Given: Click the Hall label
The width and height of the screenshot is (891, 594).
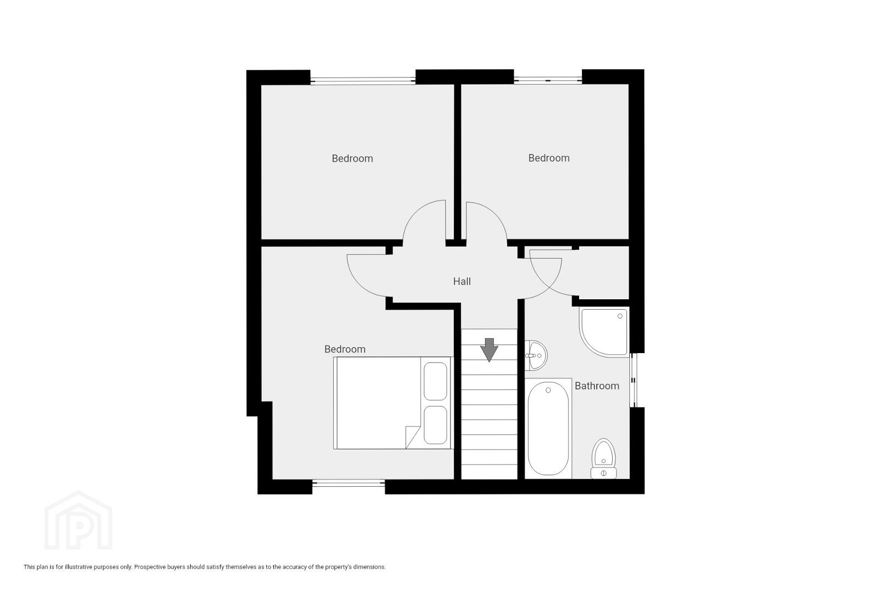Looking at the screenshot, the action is coord(462,282).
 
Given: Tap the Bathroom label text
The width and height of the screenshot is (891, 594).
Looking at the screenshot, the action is coord(597,386).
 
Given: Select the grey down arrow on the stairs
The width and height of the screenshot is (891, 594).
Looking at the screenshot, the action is coord(489,350).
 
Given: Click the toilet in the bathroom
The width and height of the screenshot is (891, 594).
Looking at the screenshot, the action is coord(603,458).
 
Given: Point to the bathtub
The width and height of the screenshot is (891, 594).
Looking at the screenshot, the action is coord(548,428).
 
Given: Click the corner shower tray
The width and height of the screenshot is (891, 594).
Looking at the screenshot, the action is coord(604,332).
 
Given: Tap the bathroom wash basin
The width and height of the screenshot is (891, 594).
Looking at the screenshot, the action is coord(536,355).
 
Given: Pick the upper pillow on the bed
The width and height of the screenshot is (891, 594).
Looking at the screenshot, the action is coord(435,381).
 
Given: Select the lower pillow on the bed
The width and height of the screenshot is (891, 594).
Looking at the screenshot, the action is coord(435,425).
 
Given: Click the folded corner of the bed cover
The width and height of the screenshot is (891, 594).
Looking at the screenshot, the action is coord(412,437).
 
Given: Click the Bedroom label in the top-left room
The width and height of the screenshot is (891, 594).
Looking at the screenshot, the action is coord(353,159).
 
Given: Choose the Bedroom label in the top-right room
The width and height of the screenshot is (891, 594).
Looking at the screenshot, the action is coord(549,158).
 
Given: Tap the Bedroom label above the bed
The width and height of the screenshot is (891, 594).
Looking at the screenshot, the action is coord(345,349).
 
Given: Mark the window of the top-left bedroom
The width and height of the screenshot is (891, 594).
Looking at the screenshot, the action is coord(363,81).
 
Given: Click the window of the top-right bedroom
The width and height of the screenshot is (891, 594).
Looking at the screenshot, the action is coord(548,80).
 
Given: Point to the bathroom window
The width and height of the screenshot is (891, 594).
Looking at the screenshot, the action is coord(633,381).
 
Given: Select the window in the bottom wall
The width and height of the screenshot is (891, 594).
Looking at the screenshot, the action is coord(349,483).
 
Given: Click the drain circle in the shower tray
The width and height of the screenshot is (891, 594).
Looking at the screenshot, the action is coord(620,316).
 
